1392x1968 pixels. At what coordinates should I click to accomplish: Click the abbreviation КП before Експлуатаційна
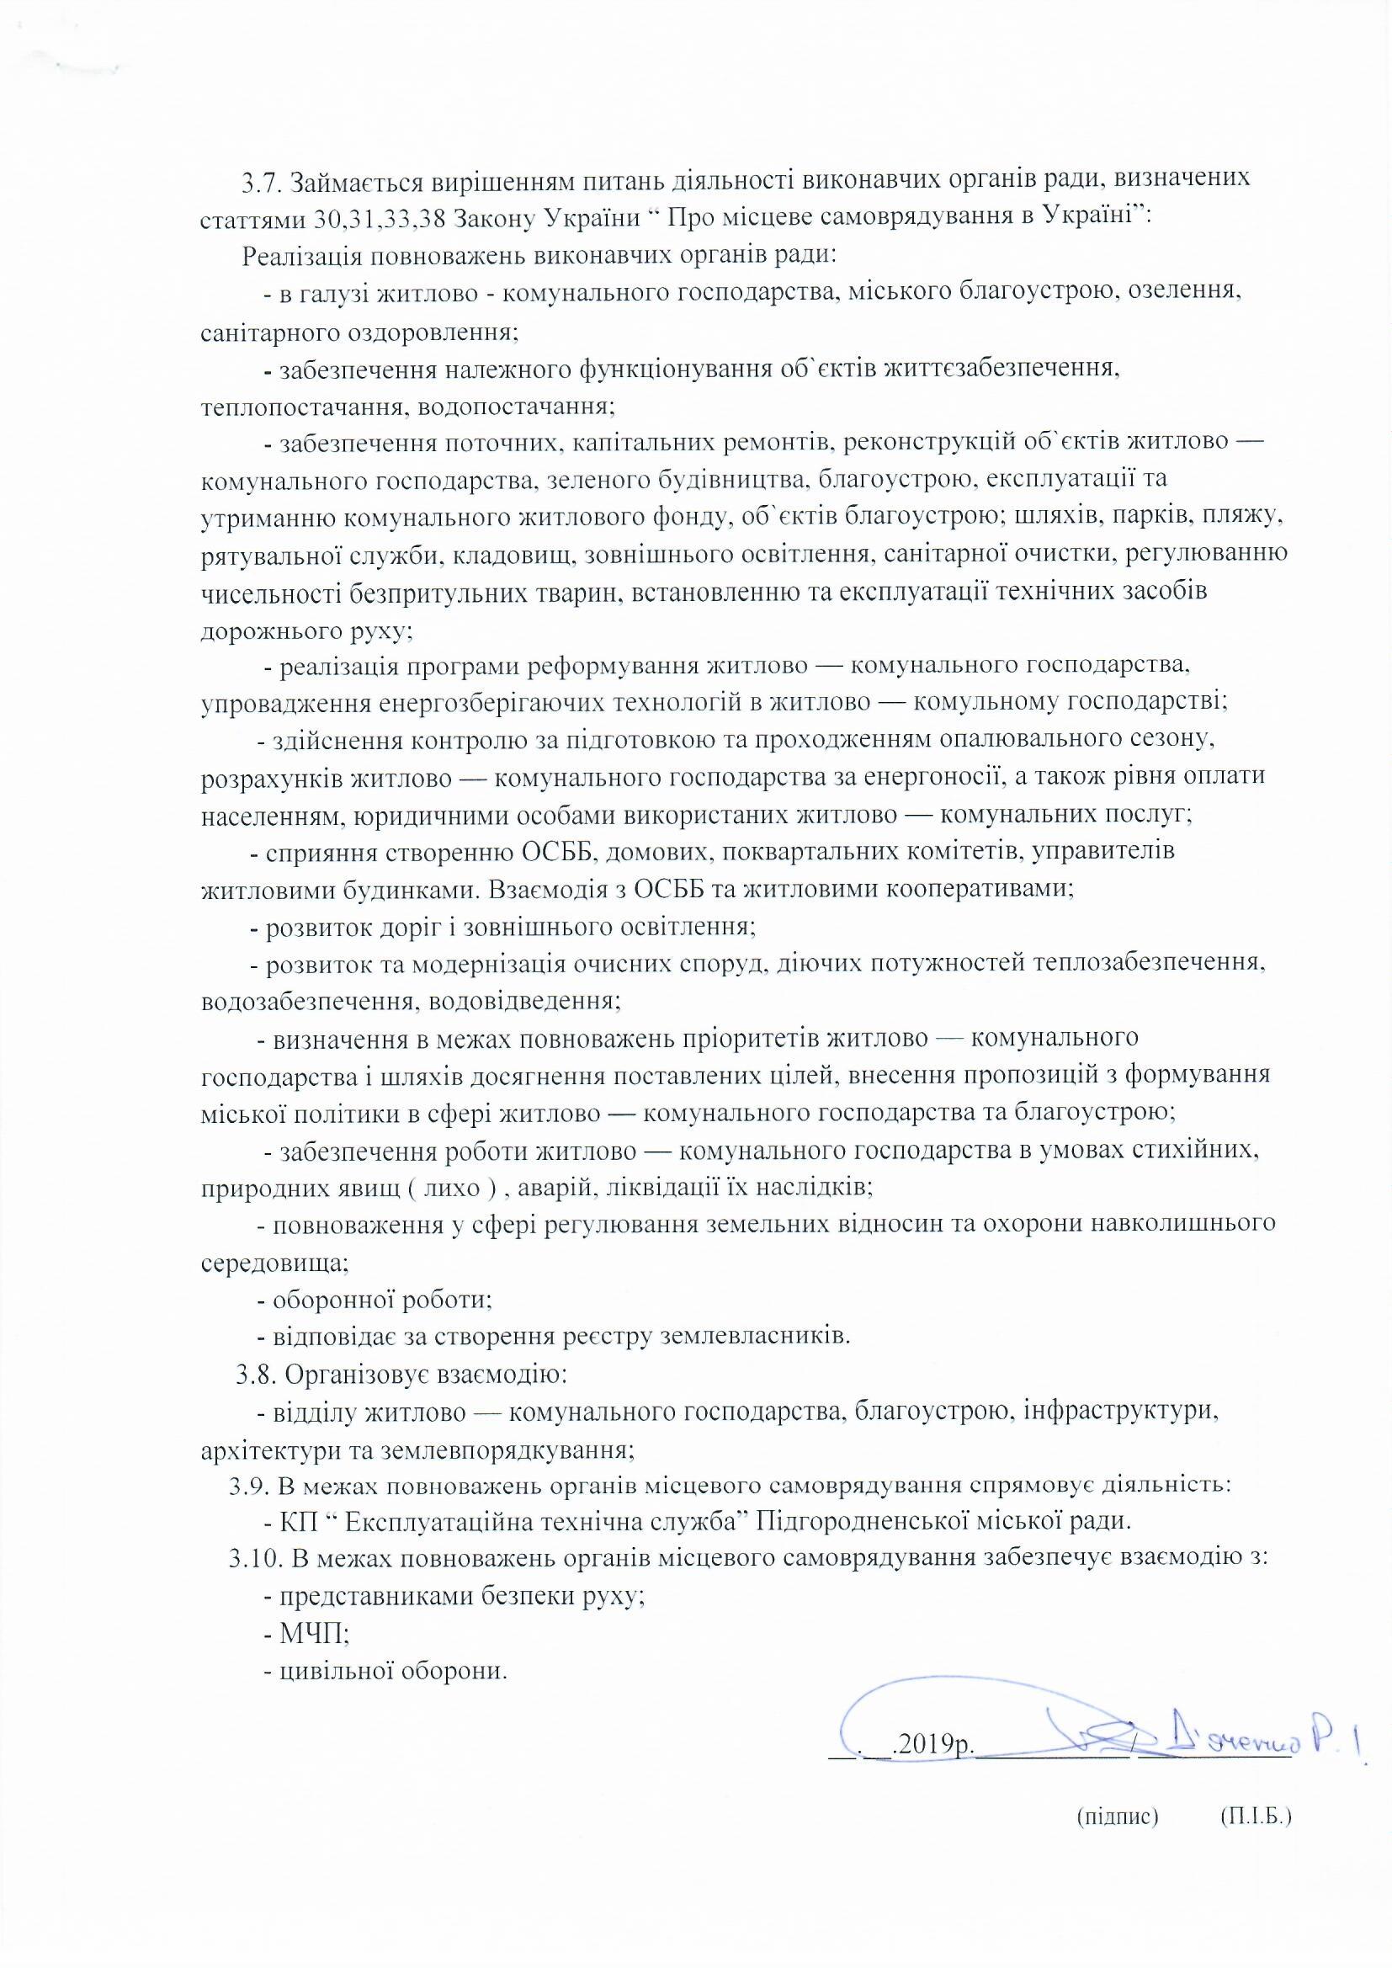pyautogui.click(x=299, y=1521)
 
